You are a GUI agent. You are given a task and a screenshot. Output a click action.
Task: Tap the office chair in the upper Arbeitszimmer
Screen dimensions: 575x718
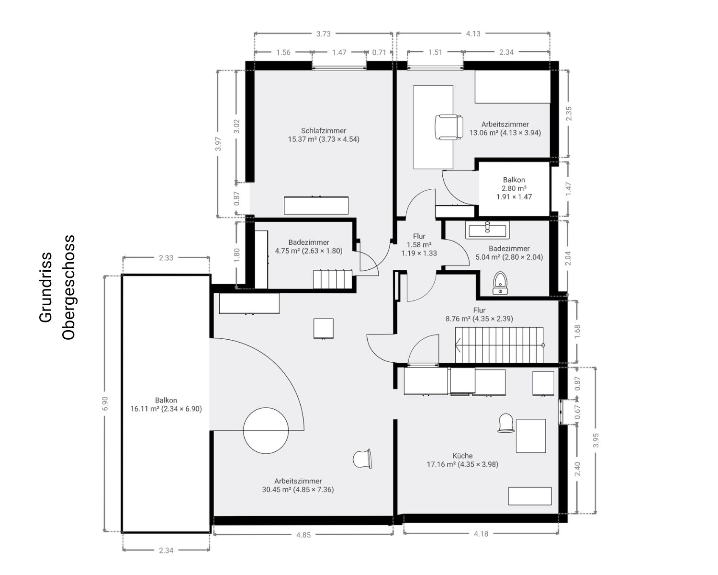click(449, 127)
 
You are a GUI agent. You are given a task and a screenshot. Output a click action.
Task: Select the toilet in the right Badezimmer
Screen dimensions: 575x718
click(500, 283)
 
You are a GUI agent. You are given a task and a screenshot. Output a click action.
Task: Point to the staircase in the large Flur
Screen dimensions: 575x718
click(499, 345)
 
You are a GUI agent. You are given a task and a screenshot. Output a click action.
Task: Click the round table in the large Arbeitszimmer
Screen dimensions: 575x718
click(266, 430)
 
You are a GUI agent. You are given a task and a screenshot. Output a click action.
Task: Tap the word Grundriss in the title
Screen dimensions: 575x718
click(45, 287)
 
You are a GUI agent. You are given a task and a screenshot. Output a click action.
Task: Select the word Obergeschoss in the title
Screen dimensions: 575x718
click(69, 287)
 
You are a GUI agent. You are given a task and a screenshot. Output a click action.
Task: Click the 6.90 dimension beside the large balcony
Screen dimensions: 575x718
click(106, 403)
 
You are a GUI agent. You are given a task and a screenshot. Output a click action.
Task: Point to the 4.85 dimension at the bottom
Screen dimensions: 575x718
click(303, 534)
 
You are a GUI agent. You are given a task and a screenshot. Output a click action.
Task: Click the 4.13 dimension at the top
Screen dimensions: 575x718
click(473, 34)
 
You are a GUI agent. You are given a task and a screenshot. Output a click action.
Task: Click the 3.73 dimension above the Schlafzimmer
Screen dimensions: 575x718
click(323, 34)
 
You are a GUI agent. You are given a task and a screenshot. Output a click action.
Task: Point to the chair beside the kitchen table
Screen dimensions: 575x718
click(505, 423)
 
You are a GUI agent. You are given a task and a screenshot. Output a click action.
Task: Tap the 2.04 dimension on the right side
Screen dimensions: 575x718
click(568, 258)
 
